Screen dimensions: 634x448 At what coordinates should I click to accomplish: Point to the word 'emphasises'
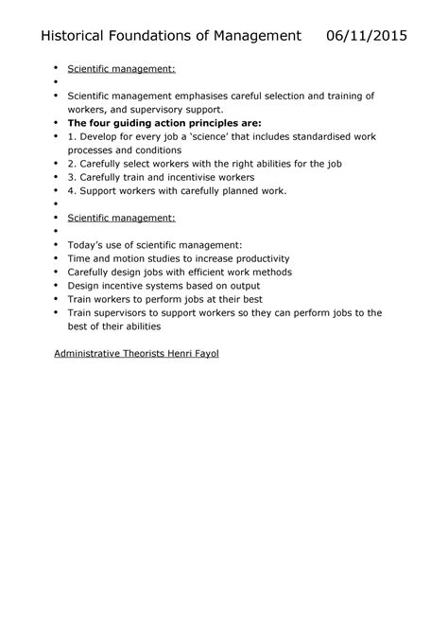200,97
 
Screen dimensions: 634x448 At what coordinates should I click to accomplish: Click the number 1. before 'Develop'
72,136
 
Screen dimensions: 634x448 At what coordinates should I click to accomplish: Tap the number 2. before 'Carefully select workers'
72,164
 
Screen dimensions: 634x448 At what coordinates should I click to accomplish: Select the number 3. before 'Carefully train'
72,177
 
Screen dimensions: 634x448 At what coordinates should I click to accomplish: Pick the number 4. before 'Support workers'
72,190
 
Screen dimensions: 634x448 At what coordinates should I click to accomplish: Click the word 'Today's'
87,244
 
